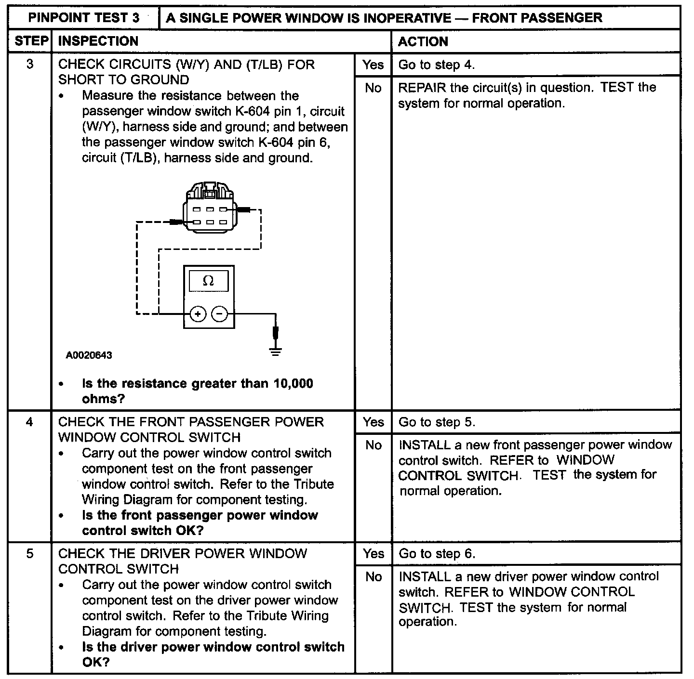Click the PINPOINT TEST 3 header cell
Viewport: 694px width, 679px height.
[84, 18]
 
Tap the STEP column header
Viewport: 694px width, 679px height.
[30, 41]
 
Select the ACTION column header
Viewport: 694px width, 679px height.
[423, 42]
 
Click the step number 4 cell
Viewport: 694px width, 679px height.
[30, 422]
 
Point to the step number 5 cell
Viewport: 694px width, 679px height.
[30, 554]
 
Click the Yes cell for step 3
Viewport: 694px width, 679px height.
[373, 65]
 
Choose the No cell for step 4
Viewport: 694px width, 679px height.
[373, 445]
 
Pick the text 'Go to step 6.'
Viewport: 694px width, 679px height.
[437, 554]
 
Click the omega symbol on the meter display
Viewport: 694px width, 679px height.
[208, 281]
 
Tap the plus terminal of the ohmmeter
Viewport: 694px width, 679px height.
[198, 314]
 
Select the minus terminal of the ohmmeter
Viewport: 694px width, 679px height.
[220, 314]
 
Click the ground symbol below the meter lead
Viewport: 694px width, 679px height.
[276, 351]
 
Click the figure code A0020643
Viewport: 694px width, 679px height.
[89, 355]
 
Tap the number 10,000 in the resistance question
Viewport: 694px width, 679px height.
[293, 384]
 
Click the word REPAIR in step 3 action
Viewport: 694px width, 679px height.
[422, 88]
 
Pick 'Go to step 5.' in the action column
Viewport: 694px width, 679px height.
[437, 422]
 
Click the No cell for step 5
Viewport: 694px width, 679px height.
[373, 576]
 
